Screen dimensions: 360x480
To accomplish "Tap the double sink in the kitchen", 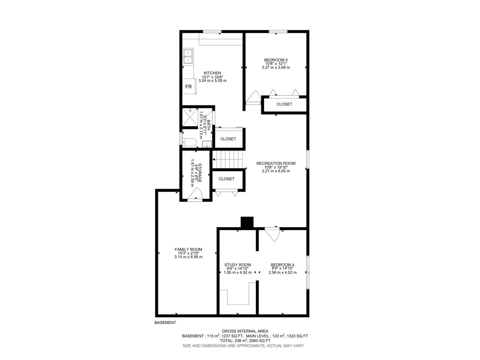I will coord(188,57).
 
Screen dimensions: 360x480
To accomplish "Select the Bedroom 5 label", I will coord(276,60).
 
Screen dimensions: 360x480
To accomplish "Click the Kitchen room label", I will coord(212,73).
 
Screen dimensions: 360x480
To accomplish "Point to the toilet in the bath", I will coord(189,142).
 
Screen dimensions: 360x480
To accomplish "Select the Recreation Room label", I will coord(276,163).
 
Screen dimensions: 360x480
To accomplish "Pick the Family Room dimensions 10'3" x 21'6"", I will coord(188,253).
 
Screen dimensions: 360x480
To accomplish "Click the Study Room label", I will coord(238,265).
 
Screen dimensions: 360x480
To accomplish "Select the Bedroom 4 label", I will coord(282,265).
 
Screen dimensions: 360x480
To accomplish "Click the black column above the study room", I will coord(247,222).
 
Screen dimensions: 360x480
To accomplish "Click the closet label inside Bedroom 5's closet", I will coord(284,104).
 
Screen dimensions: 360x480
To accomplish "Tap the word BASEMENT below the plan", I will coord(165,323).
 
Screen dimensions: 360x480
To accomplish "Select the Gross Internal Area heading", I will coord(245,331).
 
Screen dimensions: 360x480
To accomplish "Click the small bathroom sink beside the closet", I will coord(207,145).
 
